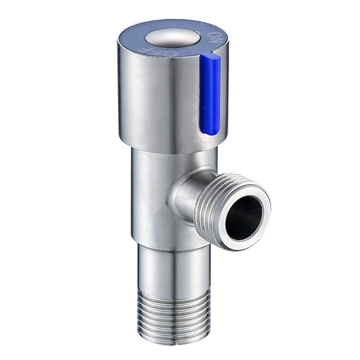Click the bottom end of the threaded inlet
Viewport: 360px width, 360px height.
(x=173, y=341)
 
